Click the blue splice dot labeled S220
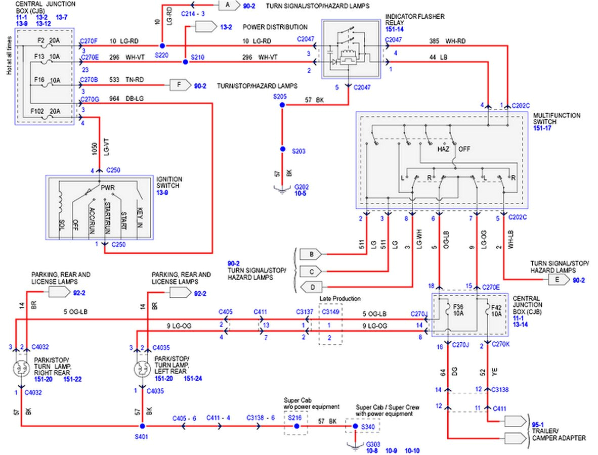[x=162, y=46]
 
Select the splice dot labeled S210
[x=185, y=62]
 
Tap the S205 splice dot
[x=282, y=105]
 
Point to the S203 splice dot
[x=282, y=149]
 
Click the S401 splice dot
[x=147, y=427]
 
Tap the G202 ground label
[x=302, y=187]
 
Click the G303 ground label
[x=371, y=443]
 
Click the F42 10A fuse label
[x=495, y=309]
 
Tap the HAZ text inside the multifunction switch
[x=443, y=150]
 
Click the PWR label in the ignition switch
[x=107, y=188]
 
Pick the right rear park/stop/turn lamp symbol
[x=22, y=369]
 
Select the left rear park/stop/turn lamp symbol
[x=142, y=369]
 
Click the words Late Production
[x=340, y=299]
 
